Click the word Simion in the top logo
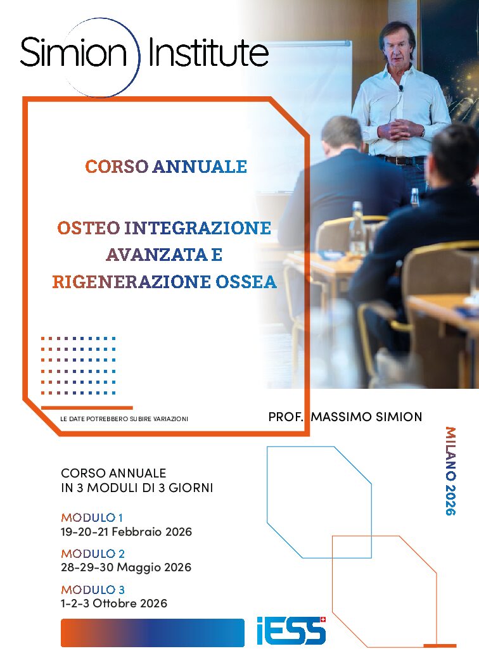pyautogui.click(x=73, y=53)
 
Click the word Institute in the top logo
pyautogui.click(x=208, y=53)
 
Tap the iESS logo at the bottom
pyautogui.click(x=291, y=631)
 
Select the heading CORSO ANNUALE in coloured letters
pyautogui.click(x=166, y=167)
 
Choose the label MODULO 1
pyautogui.click(x=92, y=517)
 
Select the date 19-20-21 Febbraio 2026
pyautogui.click(x=126, y=531)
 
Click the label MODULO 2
pyautogui.click(x=93, y=553)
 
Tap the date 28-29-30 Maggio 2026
pyautogui.click(x=126, y=567)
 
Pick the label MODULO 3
pyautogui.click(x=93, y=590)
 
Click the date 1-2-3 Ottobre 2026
pyautogui.click(x=114, y=604)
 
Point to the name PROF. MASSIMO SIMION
pyautogui.click(x=345, y=417)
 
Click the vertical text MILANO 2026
pyautogui.click(x=450, y=471)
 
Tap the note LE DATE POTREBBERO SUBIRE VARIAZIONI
pyautogui.click(x=124, y=419)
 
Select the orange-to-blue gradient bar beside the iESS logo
pyautogui.click(x=152, y=633)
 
